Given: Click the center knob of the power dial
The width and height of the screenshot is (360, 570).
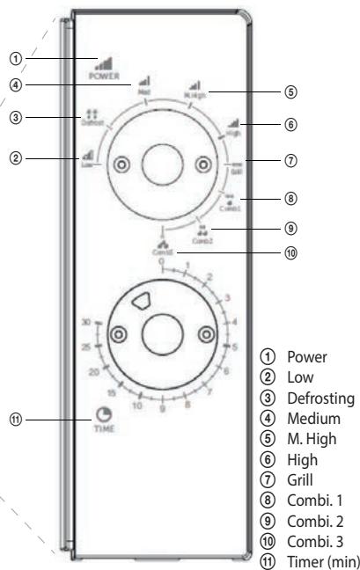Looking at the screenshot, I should (x=163, y=164).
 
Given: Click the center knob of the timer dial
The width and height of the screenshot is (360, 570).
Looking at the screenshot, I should (x=163, y=333).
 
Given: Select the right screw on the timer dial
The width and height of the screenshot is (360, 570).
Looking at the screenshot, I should (x=206, y=333).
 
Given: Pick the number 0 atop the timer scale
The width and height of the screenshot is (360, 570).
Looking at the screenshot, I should (x=161, y=261).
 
